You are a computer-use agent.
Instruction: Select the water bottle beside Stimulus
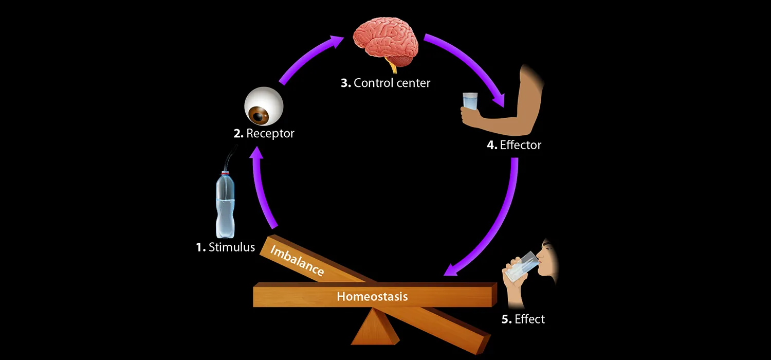(225, 206)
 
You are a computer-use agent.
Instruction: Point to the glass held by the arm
(469, 101)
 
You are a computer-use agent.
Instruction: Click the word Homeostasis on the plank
(372, 297)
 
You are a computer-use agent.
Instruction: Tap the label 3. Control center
(385, 83)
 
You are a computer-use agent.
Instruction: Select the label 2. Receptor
(264, 134)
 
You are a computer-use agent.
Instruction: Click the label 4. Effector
(514, 145)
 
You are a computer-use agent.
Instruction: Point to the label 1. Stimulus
(225, 247)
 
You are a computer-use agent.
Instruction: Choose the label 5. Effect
(523, 319)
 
